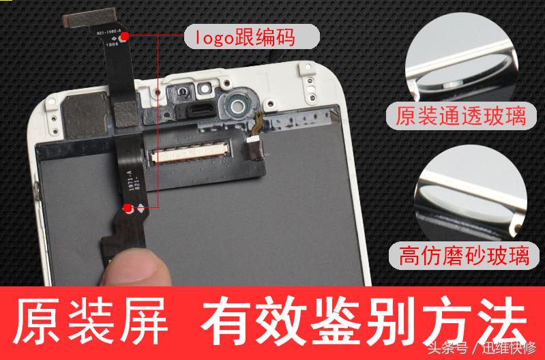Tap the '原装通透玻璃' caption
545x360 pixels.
[x=461, y=115]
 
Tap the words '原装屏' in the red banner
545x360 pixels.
[x=91, y=320]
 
